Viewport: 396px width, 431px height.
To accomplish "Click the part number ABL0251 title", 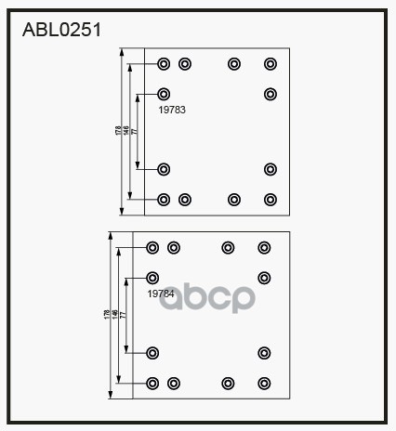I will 61,29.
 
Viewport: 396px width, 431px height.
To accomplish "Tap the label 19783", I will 172,110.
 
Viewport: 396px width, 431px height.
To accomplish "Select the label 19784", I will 161,294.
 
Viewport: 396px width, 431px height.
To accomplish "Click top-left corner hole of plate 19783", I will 164,64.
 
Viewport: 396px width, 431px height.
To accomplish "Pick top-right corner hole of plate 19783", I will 271,64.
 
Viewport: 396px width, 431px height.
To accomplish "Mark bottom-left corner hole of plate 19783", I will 164,199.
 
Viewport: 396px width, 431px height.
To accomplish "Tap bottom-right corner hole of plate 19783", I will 271,199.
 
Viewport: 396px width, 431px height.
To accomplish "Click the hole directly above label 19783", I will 164,94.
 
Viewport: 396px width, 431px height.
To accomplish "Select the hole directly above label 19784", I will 153,278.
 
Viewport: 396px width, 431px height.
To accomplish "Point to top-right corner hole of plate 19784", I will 264,247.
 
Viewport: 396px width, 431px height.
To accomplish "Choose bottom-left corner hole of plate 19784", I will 153,383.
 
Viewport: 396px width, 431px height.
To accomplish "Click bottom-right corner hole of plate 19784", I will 264,383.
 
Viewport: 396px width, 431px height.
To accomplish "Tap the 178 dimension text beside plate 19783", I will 119,132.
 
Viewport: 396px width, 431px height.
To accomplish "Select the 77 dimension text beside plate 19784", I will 123,316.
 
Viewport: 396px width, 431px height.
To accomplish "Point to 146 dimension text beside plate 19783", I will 126,132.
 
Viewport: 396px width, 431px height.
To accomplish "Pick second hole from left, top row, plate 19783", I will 184,64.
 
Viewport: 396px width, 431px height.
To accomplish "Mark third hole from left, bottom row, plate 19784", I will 227,383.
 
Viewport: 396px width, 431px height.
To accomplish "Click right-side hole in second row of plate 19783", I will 271,94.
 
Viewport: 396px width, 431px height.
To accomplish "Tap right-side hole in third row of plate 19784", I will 264,352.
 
